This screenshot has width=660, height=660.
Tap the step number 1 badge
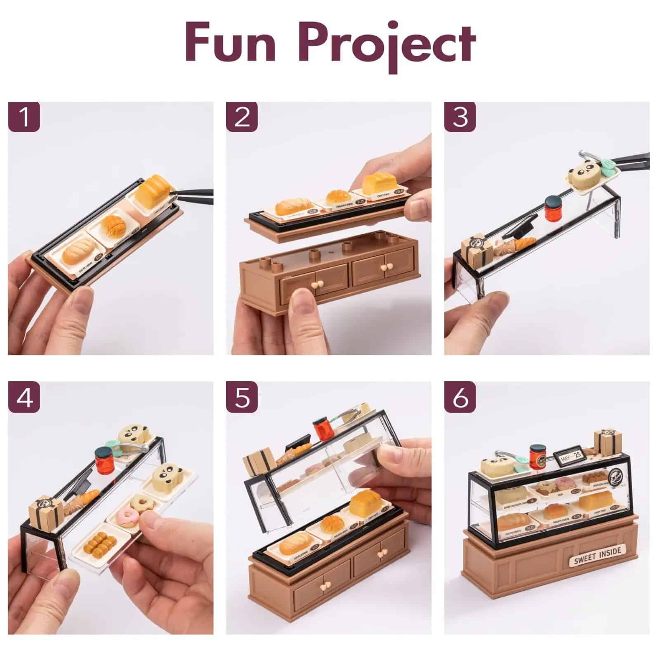click(x=24, y=117)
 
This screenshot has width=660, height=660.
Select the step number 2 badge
click(x=242, y=117)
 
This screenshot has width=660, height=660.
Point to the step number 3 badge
click(x=460, y=117)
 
